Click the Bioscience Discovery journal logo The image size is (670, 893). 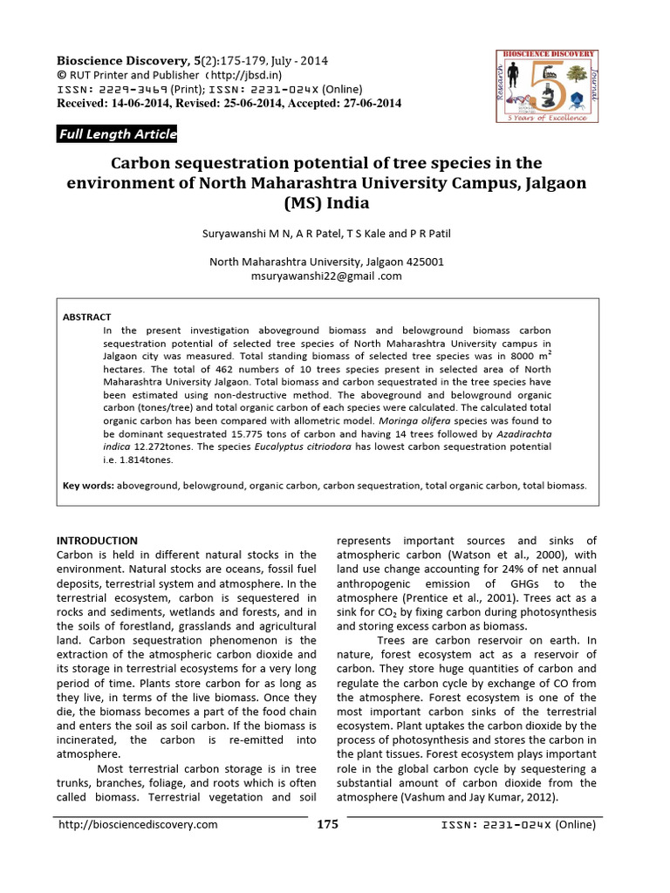[546, 86]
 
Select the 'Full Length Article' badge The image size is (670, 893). [117, 133]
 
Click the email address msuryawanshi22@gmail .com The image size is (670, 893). [327, 276]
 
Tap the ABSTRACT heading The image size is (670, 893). [87, 317]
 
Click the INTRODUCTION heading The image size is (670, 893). [97, 541]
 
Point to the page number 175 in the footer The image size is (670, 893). [327, 824]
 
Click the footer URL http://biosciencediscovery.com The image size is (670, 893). [137, 824]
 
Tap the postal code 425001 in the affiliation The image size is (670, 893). [421, 261]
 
